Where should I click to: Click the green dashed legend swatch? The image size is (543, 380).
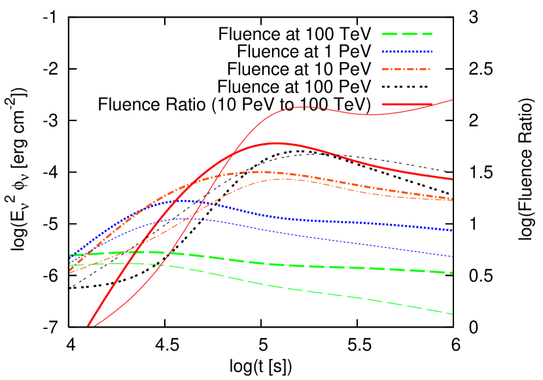tap(407, 34)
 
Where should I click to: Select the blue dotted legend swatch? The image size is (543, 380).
tap(407, 52)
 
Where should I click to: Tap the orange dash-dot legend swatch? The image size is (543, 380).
tap(407, 69)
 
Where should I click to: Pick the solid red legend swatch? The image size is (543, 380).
tap(407, 104)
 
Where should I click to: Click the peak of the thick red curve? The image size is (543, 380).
tap(277, 143)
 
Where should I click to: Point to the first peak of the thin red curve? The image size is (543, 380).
tap(303, 107)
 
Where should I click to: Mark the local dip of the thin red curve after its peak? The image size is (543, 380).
tap(370, 115)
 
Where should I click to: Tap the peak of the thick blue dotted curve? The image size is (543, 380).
tap(187, 201)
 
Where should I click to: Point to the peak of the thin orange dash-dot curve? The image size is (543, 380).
tap(285, 179)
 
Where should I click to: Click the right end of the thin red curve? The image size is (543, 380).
tap(452, 99)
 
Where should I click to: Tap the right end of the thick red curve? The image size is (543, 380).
tap(452, 179)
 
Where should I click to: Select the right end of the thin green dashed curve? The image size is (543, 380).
tap(452, 314)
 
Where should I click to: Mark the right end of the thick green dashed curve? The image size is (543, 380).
tap(452, 272)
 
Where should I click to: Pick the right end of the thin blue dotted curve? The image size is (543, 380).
tap(452, 256)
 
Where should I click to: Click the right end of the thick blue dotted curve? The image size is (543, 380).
tap(452, 230)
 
